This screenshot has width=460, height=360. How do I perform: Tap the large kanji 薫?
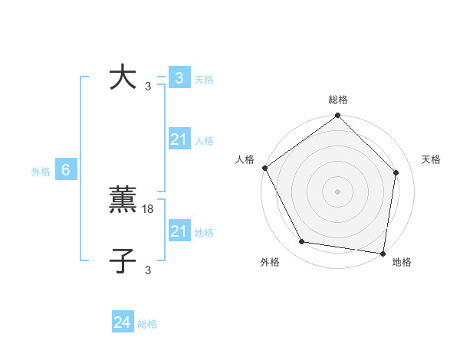(123, 200)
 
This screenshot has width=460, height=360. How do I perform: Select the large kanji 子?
(123, 261)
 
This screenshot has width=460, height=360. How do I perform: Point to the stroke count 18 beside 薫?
(149, 208)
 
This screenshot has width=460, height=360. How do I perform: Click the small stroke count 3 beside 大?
(148, 86)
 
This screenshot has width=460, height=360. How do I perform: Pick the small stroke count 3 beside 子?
(148, 270)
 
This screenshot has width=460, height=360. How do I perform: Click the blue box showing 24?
(123, 322)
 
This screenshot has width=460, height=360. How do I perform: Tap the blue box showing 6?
(66, 170)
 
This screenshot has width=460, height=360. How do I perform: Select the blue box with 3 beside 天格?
(179, 77)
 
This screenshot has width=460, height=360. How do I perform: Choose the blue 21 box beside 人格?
(179, 139)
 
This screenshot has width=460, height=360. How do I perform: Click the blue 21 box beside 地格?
(179, 231)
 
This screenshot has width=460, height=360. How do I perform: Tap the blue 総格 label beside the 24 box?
(147, 324)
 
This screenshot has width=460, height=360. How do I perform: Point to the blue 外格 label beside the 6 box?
(41, 172)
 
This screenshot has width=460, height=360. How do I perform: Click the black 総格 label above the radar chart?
(338, 100)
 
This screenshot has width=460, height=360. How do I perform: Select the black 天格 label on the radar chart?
(431, 159)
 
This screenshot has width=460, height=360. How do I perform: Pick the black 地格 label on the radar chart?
(402, 262)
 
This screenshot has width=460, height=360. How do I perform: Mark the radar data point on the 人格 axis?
(264, 168)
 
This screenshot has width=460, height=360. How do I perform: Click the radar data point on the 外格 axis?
(302, 242)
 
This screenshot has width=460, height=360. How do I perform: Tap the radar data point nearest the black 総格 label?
(338, 116)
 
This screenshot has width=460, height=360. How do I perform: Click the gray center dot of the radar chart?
(338, 191)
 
